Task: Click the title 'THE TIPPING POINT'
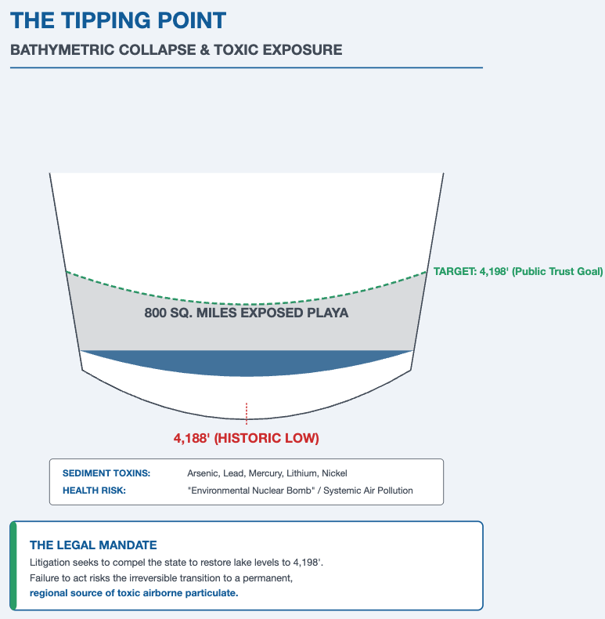(118, 20)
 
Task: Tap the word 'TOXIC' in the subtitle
(245, 49)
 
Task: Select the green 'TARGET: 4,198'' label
(518, 272)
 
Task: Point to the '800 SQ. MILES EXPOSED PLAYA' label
(247, 313)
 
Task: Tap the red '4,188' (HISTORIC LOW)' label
(247, 437)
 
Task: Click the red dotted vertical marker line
(247, 413)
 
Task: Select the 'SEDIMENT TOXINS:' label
(106, 473)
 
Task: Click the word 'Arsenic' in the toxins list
(203, 473)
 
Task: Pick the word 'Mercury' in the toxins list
(266, 473)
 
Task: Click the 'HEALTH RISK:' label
(94, 490)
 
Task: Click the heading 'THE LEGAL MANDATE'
(93, 545)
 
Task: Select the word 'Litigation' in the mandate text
(50, 563)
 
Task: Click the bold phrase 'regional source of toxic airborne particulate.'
(134, 593)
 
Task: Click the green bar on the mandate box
(13, 565)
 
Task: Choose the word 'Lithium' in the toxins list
(301, 473)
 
